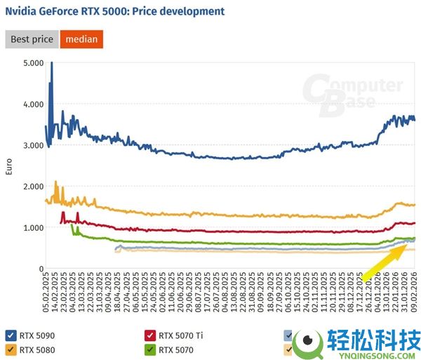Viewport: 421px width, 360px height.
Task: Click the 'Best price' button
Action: pyautogui.click(x=32, y=39)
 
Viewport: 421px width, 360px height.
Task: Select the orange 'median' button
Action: pyautogui.click(x=81, y=39)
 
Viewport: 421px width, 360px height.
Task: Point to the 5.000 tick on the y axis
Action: pyautogui.click(x=33, y=63)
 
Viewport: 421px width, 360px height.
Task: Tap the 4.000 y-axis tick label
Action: pyautogui.click(x=33, y=104)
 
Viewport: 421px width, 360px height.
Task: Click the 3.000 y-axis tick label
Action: pyautogui.click(x=33, y=145)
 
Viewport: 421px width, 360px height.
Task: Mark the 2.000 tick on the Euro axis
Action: pyautogui.click(x=33, y=187)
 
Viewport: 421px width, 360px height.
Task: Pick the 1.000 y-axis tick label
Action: pyautogui.click(x=33, y=227)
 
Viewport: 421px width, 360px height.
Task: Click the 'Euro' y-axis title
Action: pyautogui.click(x=10, y=166)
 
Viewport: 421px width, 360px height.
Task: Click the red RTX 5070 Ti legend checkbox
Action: pyautogui.click(x=149, y=335)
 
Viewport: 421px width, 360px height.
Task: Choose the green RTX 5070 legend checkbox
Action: pyautogui.click(x=149, y=348)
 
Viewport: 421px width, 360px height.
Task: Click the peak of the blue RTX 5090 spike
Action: pyautogui.click(x=51, y=64)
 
